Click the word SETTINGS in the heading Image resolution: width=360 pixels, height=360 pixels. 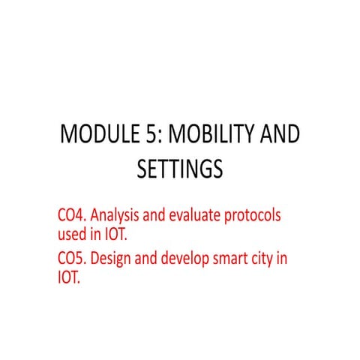(x=180, y=169)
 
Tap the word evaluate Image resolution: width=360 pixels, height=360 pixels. (x=199, y=215)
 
